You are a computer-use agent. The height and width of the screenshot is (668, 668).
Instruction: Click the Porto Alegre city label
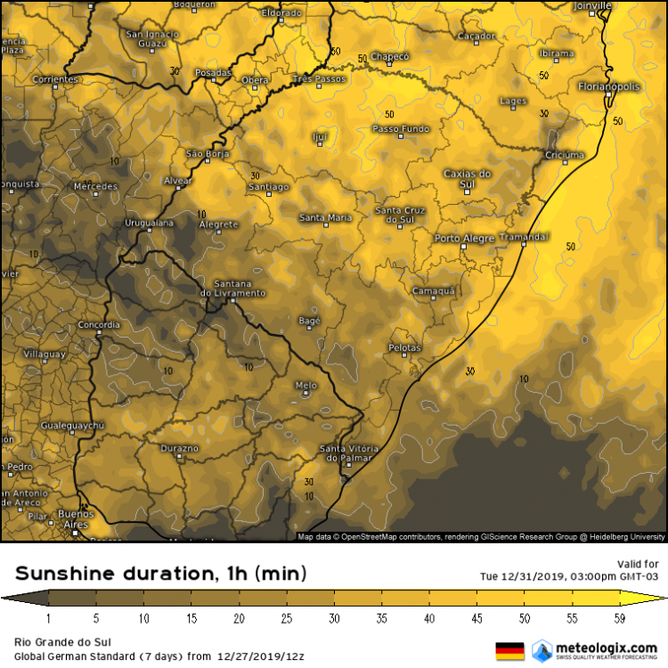pos(463,239)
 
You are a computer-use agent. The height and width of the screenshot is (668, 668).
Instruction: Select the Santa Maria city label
pos(325,217)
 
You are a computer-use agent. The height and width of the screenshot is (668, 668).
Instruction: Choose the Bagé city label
pos(308,321)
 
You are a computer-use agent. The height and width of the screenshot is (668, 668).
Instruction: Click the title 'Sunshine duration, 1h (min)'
pos(160,572)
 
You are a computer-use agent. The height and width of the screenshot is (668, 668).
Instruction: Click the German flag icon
pos(509,650)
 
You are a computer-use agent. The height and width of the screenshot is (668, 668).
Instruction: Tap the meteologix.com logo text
pos(607,647)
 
